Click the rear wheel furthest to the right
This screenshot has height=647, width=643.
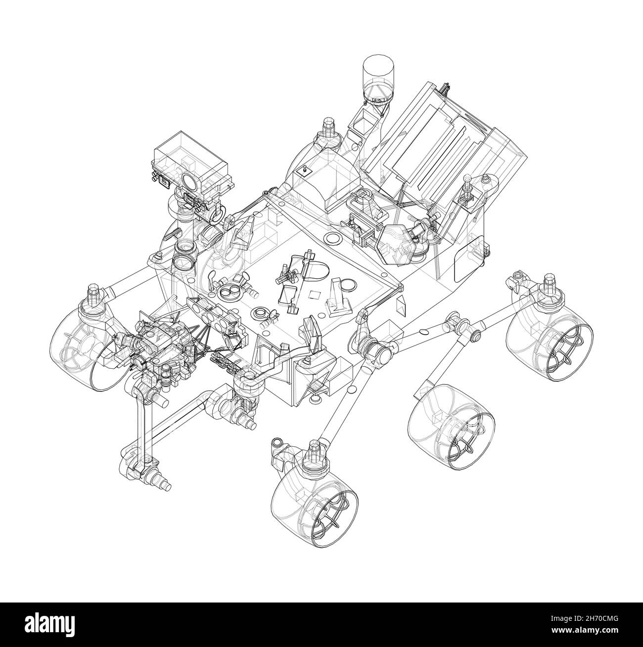tap(549, 341)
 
